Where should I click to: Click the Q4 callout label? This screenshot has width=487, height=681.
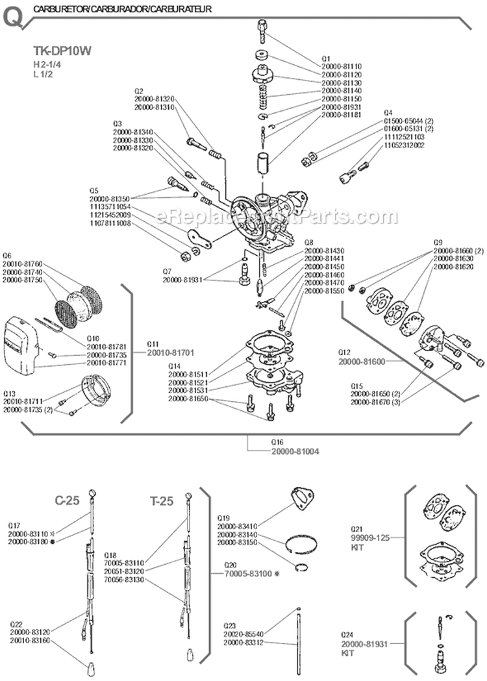pyautogui.click(x=388, y=112)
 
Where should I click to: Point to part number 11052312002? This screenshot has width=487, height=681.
pyautogui.click(x=404, y=145)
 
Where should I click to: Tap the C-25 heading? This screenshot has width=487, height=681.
pyautogui.click(x=67, y=501)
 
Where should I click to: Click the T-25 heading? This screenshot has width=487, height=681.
pyautogui.click(x=162, y=501)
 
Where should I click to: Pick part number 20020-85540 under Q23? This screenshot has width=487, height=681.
pyautogui.click(x=243, y=634)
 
